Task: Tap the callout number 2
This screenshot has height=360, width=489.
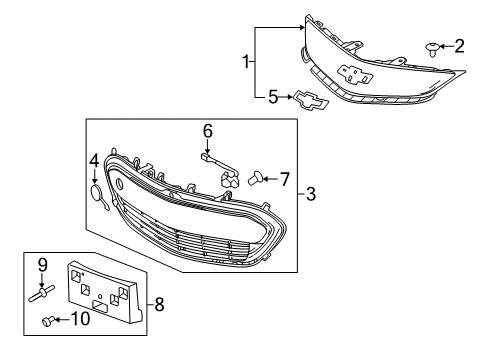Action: (460, 45)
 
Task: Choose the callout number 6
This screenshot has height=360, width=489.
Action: (208, 130)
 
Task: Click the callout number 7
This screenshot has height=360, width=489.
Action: (284, 180)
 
